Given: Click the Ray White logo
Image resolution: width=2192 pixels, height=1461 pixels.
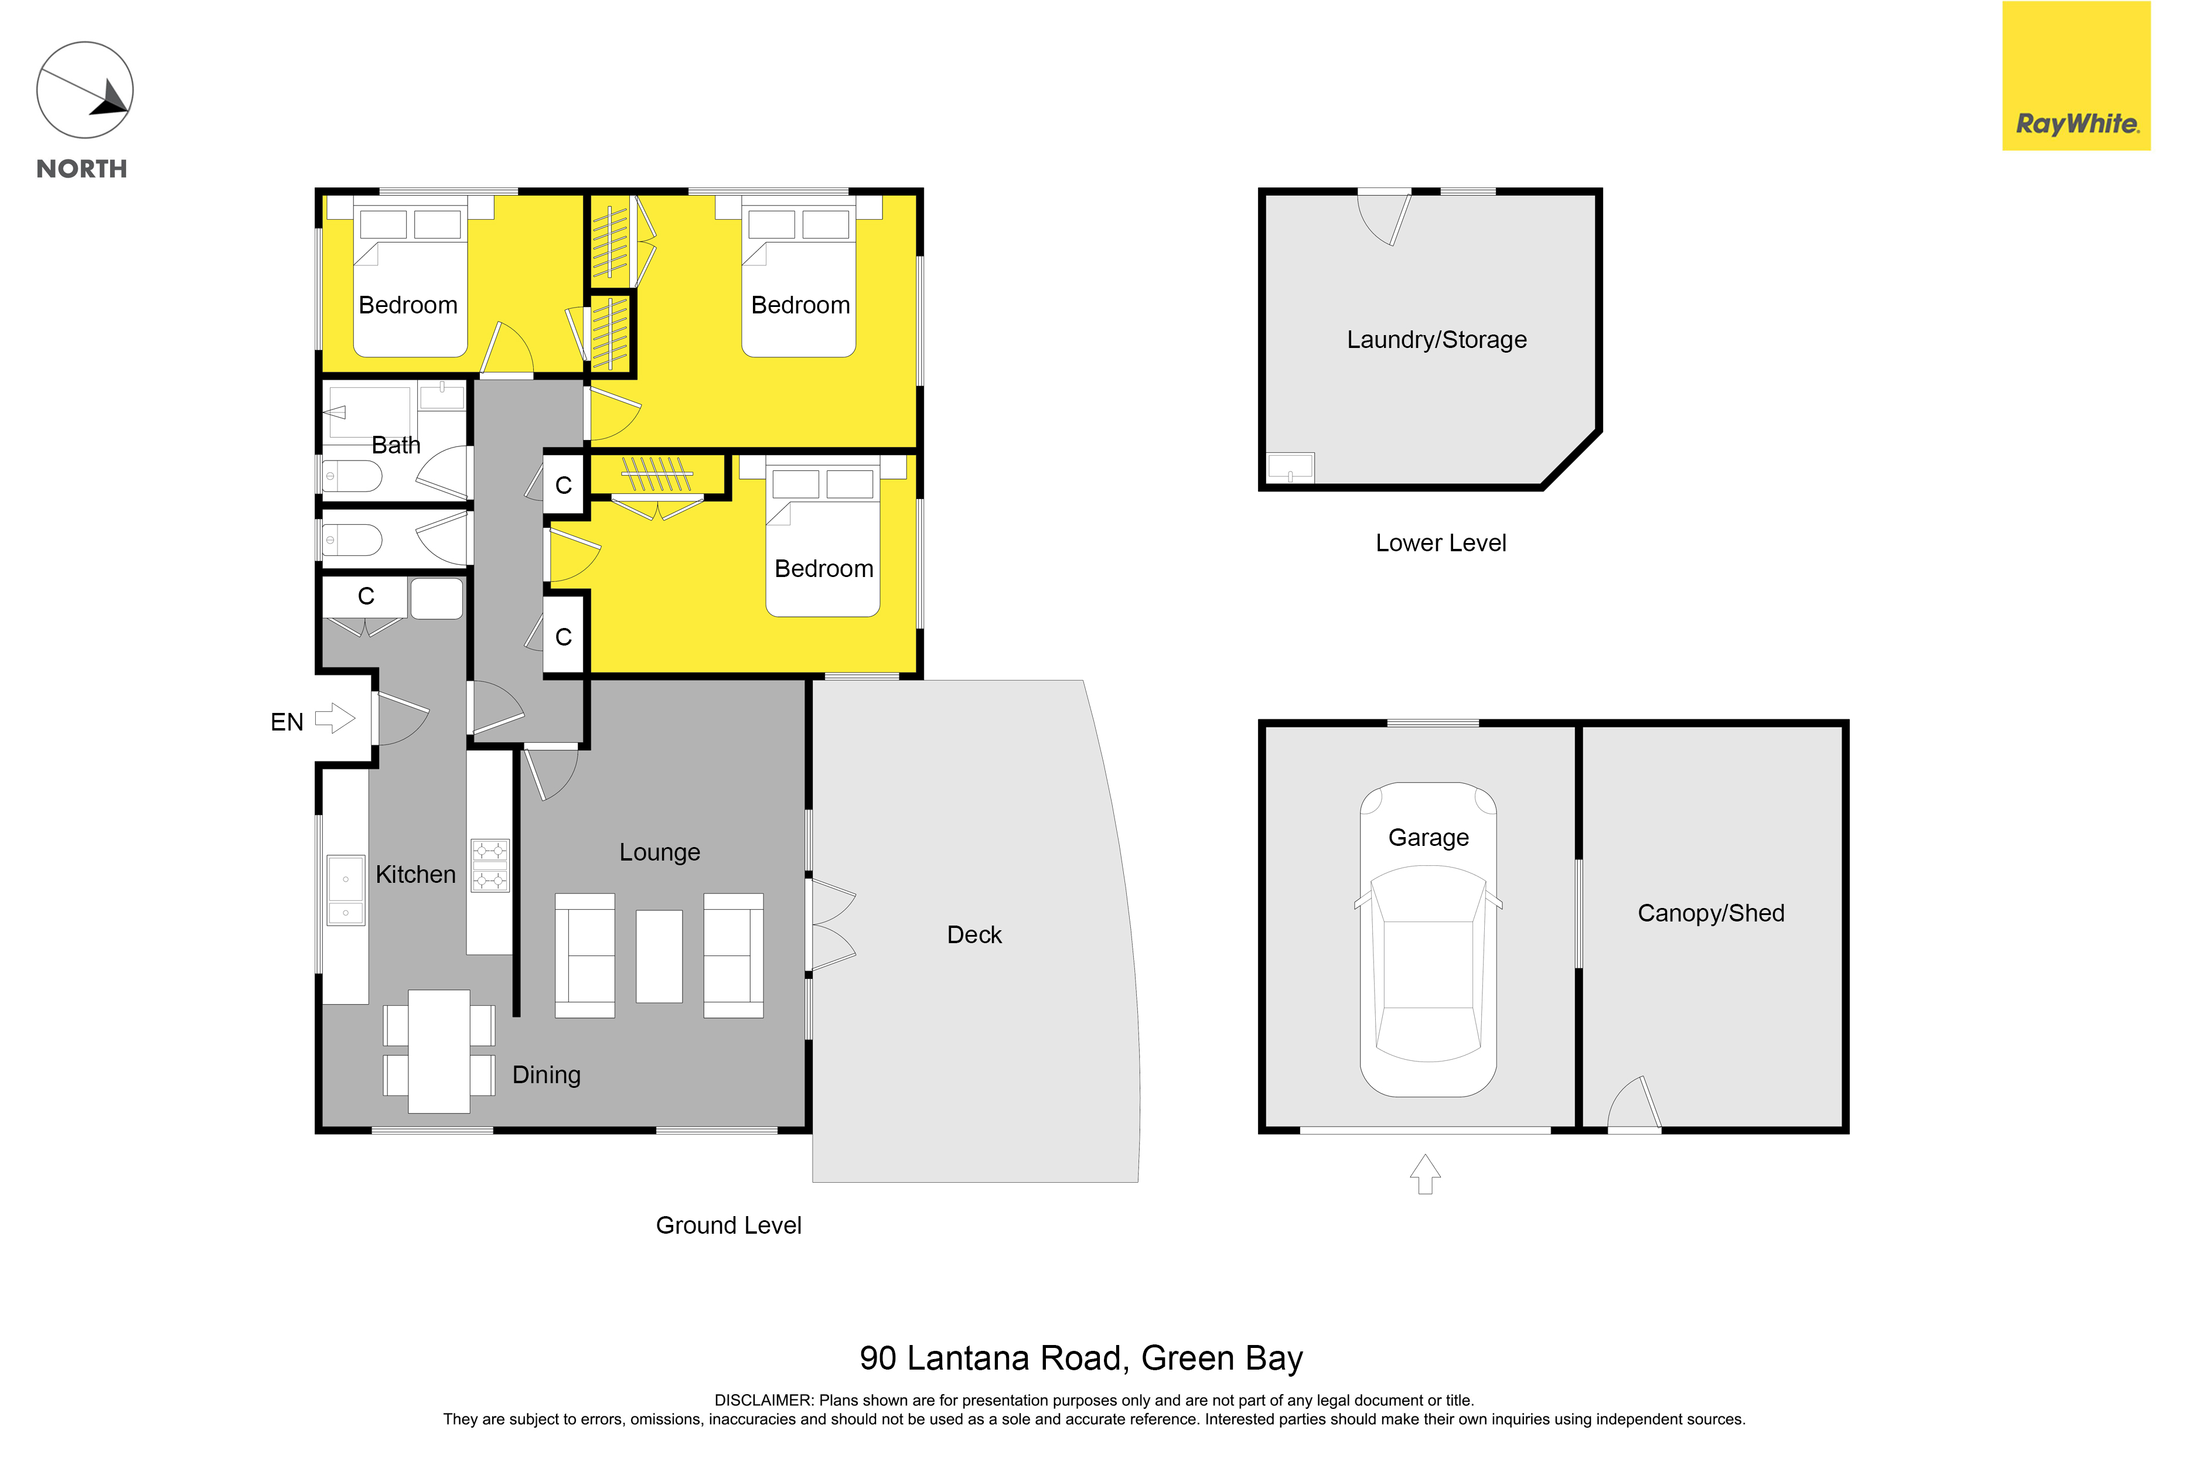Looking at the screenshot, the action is pyautogui.click(x=2077, y=76).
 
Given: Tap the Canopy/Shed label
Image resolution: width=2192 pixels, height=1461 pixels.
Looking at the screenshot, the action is pyautogui.click(x=1711, y=913).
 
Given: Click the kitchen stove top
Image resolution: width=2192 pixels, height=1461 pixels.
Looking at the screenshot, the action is pyautogui.click(x=490, y=866).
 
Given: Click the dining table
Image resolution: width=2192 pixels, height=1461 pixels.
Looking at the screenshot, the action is pyautogui.click(x=439, y=1051).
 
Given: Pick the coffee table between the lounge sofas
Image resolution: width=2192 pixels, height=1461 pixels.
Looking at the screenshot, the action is pyautogui.click(x=659, y=956).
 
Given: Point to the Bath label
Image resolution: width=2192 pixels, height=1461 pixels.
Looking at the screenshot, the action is pyautogui.click(x=396, y=445).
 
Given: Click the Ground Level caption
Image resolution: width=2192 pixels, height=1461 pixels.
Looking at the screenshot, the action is pyautogui.click(x=729, y=1226).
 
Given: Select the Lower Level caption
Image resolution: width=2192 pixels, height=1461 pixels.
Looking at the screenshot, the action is pyautogui.click(x=1441, y=543).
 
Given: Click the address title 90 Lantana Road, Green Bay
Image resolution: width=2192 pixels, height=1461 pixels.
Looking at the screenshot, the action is pyautogui.click(x=1081, y=1358).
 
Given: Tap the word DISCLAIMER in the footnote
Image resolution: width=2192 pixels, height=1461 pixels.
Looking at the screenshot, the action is pyautogui.click(x=763, y=1401).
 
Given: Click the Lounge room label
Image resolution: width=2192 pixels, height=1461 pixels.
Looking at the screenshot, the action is pyautogui.click(x=660, y=852).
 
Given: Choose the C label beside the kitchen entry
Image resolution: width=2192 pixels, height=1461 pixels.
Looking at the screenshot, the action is pyautogui.click(x=366, y=596).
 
